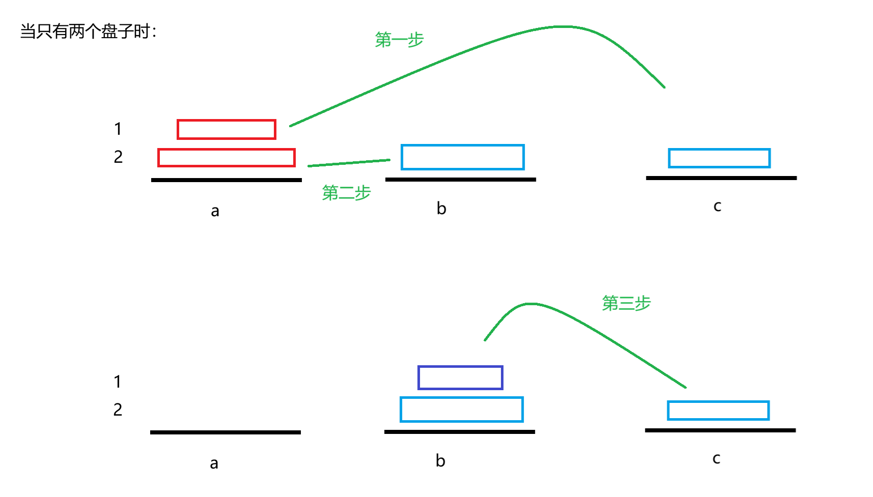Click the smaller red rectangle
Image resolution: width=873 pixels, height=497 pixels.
(227, 130)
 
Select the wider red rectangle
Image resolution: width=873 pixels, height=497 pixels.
(227, 158)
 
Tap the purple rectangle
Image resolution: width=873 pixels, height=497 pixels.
(461, 378)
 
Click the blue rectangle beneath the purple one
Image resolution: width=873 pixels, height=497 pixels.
(462, 410)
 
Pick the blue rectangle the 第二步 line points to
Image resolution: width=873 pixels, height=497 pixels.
(463, 157)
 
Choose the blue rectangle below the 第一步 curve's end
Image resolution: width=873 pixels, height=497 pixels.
(720, 158)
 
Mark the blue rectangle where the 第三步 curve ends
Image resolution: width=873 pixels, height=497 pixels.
(719, 411)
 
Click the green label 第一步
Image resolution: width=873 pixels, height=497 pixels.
(400, 40)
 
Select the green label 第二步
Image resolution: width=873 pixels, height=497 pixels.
(347, 193)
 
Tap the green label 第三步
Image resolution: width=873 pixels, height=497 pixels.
(627, 303)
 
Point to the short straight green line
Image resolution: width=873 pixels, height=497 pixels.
(349, 163)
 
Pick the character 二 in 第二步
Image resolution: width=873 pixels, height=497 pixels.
(347, 193)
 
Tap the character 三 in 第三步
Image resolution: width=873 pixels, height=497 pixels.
(627, 304)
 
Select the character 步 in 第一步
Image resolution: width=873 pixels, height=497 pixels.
(416, 40)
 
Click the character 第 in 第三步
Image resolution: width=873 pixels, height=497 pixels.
(610, 303)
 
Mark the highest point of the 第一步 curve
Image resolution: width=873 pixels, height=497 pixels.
(562, 26)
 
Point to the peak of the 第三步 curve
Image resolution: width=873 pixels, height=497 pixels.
(530, 304)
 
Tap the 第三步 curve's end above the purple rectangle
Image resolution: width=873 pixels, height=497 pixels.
(486, 340)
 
